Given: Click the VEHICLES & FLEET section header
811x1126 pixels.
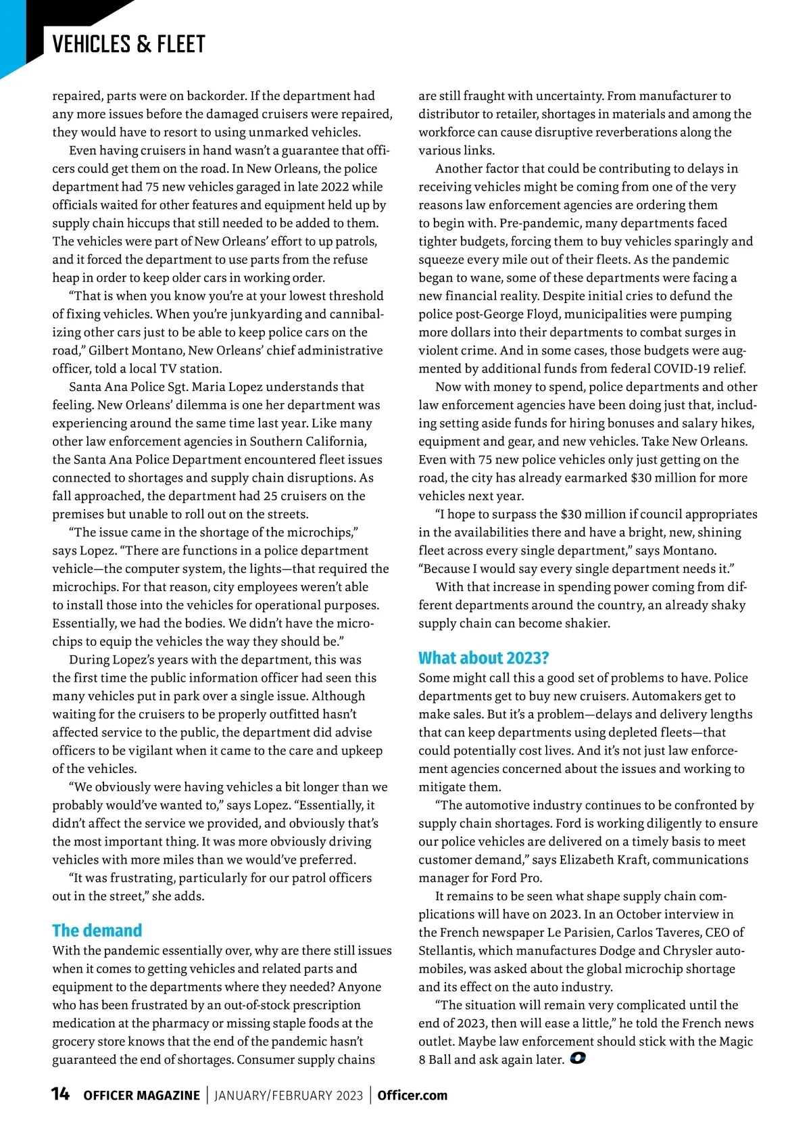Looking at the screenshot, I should (128, 45).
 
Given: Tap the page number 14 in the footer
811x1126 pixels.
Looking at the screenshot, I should (60, 1094).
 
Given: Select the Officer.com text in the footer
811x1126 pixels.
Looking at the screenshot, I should (412, 1096).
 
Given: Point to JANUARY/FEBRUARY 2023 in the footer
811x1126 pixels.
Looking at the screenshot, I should (289, 1096).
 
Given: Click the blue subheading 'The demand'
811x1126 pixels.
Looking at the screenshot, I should (97, 931).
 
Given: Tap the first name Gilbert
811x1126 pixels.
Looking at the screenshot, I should (110, 350).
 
